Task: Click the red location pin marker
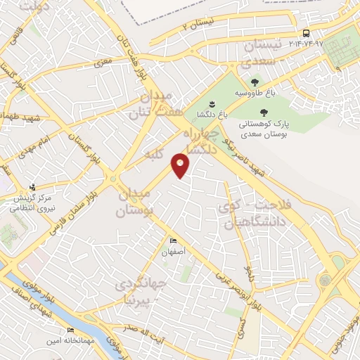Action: [x=181, y=166]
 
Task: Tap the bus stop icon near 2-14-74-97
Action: [x=306, y=33]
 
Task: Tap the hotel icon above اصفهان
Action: [x=174, y=241]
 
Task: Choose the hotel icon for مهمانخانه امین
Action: [x=70, y=330]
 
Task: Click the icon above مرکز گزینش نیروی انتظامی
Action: [x=32, y=187]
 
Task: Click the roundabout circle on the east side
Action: [x=324, y=280]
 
